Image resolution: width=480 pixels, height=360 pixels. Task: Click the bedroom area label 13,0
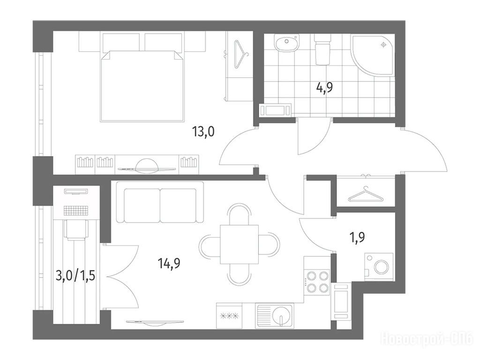click(x=203, y=132)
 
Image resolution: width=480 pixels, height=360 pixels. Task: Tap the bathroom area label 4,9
click(x=324, y=88)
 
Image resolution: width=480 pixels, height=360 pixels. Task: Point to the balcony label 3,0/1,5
click(x=75, y=276)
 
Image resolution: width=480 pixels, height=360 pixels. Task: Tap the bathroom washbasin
click(x=286, y=43)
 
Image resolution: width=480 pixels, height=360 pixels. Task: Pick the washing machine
click(x=379, y=266)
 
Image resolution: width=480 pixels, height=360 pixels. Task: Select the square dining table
click(x=240, y=244)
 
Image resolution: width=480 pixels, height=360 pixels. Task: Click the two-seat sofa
click(x=160, y=202)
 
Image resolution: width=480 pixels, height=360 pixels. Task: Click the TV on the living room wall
click(x=155, y=322)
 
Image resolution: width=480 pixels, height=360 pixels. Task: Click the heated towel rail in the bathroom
click(x=275, y=110)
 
